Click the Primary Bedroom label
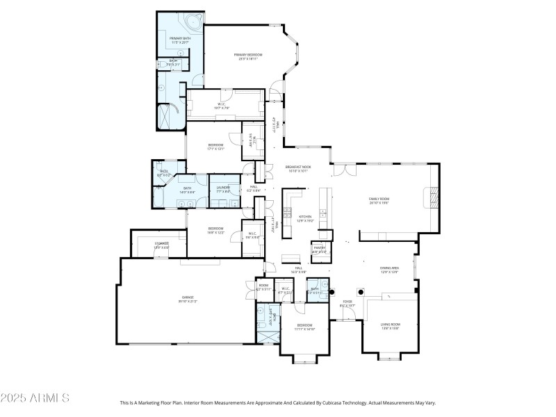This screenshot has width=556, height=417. [x=248, y=54]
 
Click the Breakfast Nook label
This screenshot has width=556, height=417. [x=297, y=167]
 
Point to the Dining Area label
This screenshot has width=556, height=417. [x=389, y=268]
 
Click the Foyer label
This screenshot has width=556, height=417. [x=347, y=302]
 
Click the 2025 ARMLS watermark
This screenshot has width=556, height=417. [x=35, y=398]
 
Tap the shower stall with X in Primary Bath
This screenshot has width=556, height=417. [x=170, y=115]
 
